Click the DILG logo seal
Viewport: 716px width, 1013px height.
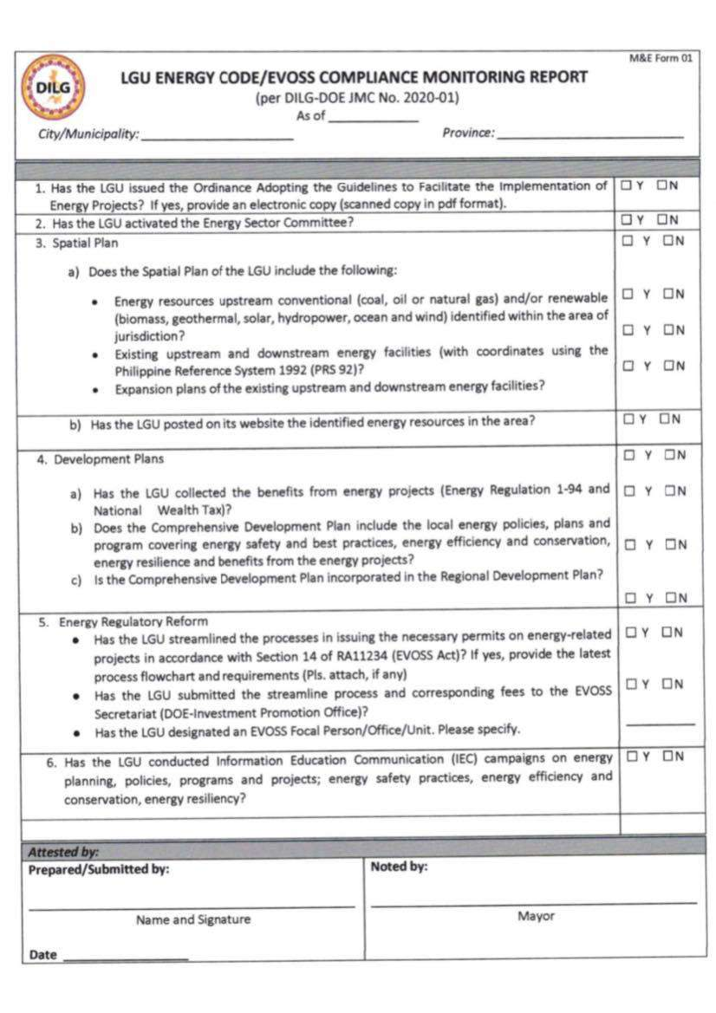pos(53,88)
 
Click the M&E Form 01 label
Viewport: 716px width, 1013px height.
pos(661,58)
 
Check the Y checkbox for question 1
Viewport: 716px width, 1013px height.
pos(626,186)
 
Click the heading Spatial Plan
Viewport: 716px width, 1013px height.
pos(85,243)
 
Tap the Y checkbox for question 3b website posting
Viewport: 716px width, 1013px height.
pos(629,419)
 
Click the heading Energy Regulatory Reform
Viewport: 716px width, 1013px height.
pos(132,622)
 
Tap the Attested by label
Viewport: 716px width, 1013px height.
pos(63,852)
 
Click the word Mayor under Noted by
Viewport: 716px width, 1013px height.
pos(535,916)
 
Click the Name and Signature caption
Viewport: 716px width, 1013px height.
pos(193,919)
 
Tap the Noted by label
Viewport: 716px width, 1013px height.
pos(399,866)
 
